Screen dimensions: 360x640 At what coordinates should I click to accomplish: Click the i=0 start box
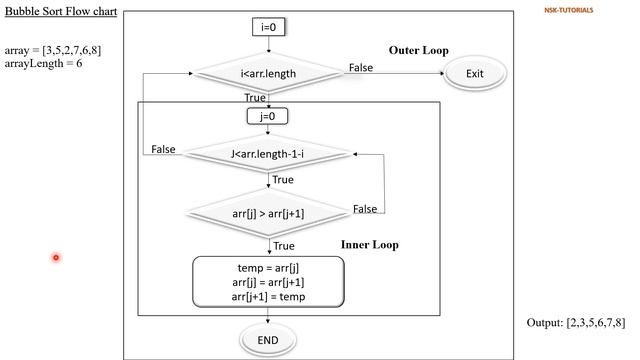[x=267, y=28]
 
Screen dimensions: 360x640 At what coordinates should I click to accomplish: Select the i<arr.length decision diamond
[x=267, y=73]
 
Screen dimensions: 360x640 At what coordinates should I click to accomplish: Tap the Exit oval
[x=474, y=73]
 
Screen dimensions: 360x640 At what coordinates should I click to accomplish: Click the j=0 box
[x=267, y=116]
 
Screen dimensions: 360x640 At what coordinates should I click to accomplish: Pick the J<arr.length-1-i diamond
[x=267, y=153]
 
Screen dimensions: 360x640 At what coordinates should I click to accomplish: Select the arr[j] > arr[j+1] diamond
[x=267, y=213]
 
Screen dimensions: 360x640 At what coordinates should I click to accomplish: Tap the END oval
[x=267, y=340]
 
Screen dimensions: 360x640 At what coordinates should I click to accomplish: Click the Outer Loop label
[x=418, y=50]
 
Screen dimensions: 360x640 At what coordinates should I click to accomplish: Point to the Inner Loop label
[x=371, y=244]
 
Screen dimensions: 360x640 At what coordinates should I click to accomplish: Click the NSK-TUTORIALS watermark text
[x=568, y=11]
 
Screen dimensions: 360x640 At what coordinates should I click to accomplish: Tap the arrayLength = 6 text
[x=43, y=63]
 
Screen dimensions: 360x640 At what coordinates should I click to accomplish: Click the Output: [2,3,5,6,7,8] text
[x=576, y=323]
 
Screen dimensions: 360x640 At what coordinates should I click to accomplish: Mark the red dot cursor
[x=56, y=258]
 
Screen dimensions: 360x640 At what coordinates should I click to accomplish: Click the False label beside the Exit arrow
[x=361, y=66]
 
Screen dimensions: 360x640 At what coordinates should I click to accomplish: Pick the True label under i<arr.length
[x=256, y=97]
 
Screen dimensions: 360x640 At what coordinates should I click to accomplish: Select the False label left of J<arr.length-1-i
[x=163, y=149]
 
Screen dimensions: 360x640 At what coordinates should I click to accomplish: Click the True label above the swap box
[x=283, y=245]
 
